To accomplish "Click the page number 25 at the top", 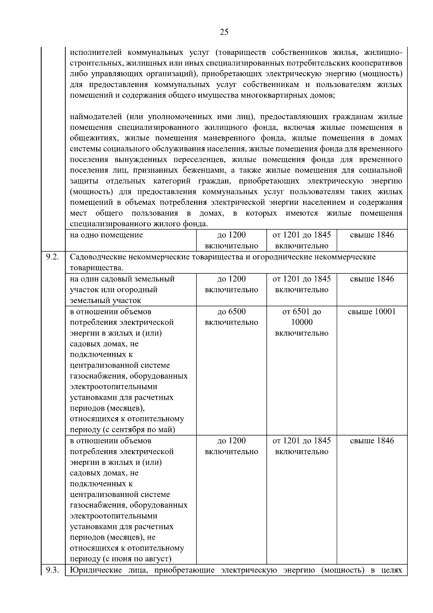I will [224, 32].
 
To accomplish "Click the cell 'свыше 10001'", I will [372, 312].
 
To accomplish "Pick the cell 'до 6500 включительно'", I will [231, 317].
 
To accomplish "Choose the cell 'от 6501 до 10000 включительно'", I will [302, 322].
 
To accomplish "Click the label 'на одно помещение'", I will [106, 235].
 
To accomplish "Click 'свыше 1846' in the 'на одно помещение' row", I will [372, 235].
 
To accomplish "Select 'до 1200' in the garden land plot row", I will [231, 279].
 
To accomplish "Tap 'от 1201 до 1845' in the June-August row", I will [302, 441].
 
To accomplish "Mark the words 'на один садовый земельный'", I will [122, 279].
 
